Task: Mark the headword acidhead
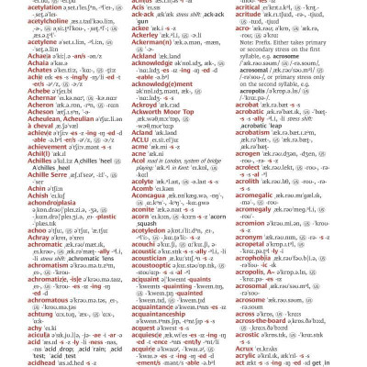(x=25, y=358)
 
